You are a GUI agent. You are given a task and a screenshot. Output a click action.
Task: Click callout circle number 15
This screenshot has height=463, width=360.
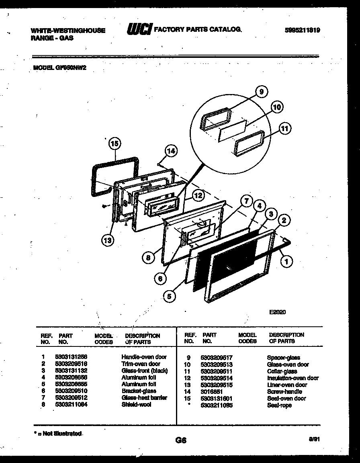(x=115, y=143)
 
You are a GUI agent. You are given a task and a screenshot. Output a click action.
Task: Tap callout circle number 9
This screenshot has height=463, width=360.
(x=262, y=92)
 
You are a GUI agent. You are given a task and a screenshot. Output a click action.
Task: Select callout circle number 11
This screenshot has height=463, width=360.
(x=284, y=129)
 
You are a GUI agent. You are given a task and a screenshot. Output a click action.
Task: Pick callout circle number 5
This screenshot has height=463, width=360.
(x=170, y=297)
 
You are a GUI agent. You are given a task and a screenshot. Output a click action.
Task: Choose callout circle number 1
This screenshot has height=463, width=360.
(x=286, y=262)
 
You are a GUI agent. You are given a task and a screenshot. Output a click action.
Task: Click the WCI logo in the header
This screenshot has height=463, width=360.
(x=139, y=29)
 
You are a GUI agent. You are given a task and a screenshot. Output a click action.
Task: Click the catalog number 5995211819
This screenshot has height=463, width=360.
(x=302, y=30)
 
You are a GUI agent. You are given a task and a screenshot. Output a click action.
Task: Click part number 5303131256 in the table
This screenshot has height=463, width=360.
(x=71, y=357)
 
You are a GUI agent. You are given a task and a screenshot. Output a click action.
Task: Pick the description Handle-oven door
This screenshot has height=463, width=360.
(x=144, y=357)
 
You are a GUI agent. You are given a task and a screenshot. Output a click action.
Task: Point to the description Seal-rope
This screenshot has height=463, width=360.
(x=279, y=406)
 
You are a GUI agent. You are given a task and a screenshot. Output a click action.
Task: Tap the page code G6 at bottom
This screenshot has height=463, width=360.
(x=181, y=440)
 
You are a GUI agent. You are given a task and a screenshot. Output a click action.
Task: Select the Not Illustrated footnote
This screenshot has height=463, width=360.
(x=57, y=434)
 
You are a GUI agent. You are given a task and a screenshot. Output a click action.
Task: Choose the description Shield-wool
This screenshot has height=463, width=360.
(x=136, y=405)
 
